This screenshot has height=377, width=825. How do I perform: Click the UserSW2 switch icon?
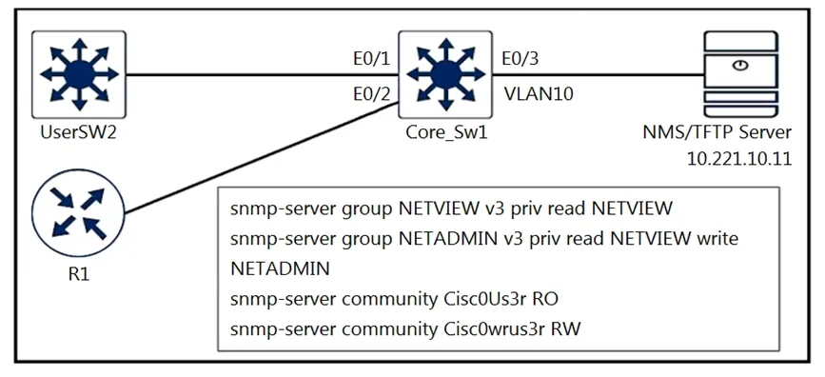coord(79,74)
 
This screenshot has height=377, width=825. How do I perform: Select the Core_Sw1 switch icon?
coord(445,74)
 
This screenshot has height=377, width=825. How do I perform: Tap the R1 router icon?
coord(78,212)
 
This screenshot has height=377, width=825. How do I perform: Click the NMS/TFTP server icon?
coord(739,75)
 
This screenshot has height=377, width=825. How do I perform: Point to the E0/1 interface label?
coord(371,59)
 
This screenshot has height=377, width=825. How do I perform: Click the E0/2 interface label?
coord(371,95)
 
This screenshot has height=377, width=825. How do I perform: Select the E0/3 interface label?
coord(521,59)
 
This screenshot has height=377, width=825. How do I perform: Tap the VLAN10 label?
coord(539,94)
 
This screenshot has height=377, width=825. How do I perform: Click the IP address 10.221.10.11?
coord(739,159)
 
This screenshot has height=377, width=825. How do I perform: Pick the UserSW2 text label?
coord(78,132)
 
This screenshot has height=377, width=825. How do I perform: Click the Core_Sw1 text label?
coord(446,133)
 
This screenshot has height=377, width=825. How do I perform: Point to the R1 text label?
coord(77,274)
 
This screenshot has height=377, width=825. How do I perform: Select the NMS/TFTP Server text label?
coord(717,132)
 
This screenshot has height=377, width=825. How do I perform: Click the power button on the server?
coord(739,66)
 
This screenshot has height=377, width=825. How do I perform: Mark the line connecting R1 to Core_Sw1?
coord(262,158)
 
